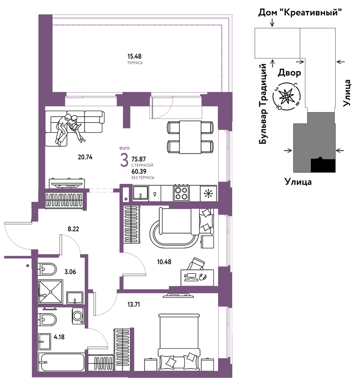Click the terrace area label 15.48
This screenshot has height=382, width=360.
[x=134, y=56]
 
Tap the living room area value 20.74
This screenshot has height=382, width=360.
[x=85, y=157]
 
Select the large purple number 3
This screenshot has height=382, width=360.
[x=124, y=160]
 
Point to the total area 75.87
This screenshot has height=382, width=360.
[x=139, y=159]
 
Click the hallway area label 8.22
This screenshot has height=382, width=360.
[x=73, y=229]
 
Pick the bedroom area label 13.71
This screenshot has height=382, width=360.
[x=134, y=304]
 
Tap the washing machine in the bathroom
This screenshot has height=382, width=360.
[x=78, y=316]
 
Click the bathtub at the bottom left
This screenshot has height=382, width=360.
[x=61, y=362]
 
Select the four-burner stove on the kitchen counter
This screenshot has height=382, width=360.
[x=181, y=193]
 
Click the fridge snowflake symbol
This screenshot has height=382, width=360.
[x=208, y=193]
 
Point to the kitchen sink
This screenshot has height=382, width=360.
[x=140, y=193]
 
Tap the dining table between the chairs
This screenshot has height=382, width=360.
[x=190, y=137]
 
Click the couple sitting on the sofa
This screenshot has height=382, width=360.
[x=69, y=129]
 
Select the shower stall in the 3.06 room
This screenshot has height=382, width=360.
[x=50, y=292]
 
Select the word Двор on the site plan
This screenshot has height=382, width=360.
[x=289, y=73]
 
